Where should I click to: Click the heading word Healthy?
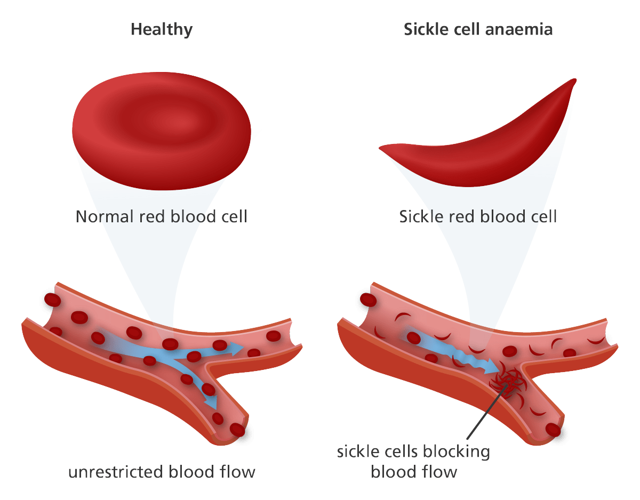[x=162, y=29]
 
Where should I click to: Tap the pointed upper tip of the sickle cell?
[x=574, y=80]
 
